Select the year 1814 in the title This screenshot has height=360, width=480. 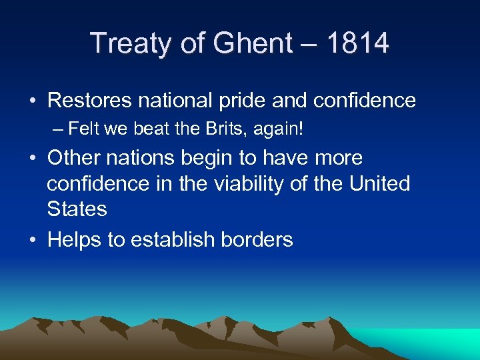click(x=359, y=43)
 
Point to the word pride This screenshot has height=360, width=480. click(x=251, y=101)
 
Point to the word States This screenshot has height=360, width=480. click(x=77, y=209)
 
